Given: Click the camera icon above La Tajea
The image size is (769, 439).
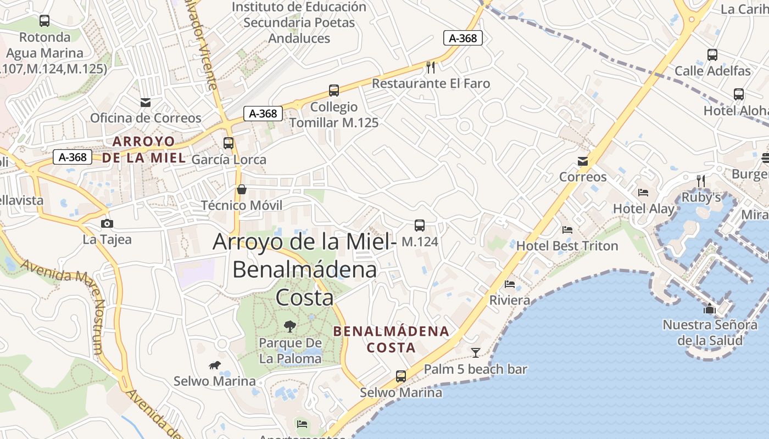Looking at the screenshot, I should [x=107, y=223].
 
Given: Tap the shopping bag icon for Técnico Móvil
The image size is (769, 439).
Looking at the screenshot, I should [x=241, y=190].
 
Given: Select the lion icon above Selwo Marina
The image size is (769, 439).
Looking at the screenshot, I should [x=215, y=365].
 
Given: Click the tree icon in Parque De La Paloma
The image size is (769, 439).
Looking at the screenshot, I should [x=289, y=327].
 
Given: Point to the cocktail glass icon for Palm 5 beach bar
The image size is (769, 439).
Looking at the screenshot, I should [x=476, y=353].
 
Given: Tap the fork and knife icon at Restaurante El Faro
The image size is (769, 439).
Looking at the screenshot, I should [x=431, y=67].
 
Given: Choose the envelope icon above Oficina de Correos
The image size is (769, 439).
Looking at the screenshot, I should [x=146, y=102].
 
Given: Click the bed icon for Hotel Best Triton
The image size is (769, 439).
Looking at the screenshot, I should [x=567, y=230].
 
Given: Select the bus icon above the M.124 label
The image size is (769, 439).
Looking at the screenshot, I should [x=420, y=226].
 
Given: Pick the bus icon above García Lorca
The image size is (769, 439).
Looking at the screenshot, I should [x=229, y=143].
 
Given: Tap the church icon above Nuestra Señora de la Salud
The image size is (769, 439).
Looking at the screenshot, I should [x=710, y=308].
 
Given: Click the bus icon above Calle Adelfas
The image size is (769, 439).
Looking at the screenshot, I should [x=712, y=55].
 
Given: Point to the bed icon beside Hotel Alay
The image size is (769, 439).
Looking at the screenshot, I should [x=643, y=193].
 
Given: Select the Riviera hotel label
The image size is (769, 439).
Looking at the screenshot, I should [x=510, y=300].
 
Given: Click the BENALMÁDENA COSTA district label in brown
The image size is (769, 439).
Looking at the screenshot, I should [x=391, y=339].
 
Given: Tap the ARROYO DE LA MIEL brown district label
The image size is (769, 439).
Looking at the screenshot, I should [x=144, y=149].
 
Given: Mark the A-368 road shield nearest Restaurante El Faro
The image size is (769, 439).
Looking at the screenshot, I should [x=463, y=38].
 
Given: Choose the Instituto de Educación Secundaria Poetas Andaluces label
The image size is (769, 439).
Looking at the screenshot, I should [x=299, y=22].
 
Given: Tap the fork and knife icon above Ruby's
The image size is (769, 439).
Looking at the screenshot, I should [x=701, y=181].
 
